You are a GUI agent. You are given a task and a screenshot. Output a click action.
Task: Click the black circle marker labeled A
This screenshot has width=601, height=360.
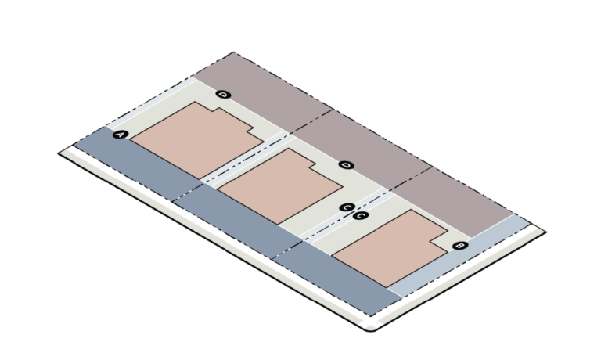[121, 135]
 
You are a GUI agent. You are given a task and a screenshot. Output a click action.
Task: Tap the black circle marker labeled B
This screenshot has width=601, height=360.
[460, 246]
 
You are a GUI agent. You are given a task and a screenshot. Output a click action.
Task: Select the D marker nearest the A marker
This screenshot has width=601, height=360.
[224, 95]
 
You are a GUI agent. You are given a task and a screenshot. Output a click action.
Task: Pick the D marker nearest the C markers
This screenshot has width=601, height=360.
[347, 165]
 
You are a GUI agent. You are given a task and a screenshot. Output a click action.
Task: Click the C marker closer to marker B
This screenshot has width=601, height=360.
[360, 215]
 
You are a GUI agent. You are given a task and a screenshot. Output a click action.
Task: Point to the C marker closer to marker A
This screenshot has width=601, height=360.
[347, 207]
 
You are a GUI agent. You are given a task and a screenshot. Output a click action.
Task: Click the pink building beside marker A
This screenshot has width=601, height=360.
[197, 139]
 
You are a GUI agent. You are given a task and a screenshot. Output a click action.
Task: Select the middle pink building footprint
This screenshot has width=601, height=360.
[280, 186]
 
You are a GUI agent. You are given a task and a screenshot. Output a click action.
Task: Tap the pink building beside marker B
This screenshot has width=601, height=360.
[390, 248]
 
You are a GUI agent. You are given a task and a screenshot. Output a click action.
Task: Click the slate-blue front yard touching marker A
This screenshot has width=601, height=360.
[138, 163]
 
